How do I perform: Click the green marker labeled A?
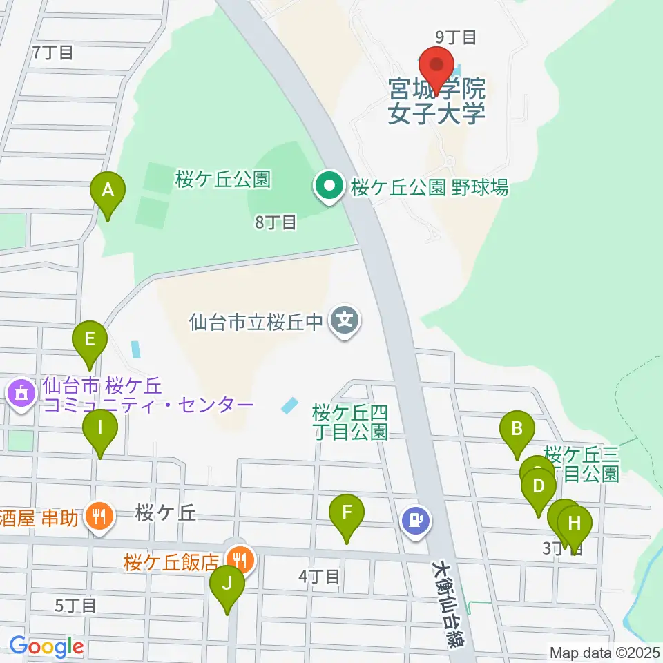[108, 191]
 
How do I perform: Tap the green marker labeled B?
[517, 430]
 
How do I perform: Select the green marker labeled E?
[90, 340]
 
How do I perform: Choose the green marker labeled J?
[227, 584]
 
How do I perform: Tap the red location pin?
[436, 67]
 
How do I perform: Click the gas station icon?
[416, 519]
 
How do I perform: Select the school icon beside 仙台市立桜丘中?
[343, 321]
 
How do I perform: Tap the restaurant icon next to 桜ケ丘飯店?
[240, 559]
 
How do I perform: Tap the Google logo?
[46, 647]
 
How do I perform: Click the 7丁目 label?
[52, 52]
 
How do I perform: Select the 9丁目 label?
[456, 37]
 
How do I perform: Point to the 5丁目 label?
[76, 606]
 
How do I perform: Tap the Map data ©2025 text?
[604, 652]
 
